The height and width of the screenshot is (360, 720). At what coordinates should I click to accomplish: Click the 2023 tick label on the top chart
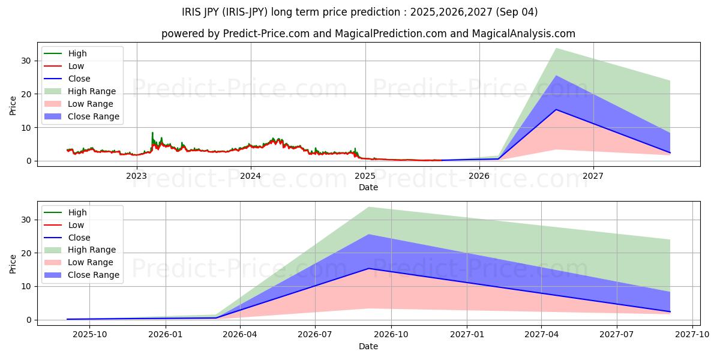click(136, 176)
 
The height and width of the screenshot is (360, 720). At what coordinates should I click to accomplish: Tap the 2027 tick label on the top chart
click(593, 176)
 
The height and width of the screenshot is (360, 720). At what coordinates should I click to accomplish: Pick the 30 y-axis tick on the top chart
click(26, 61)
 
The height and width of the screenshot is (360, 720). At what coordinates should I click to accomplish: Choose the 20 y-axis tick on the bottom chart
click(26, 253)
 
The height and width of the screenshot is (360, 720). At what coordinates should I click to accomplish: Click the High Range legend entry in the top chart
click(92, 91)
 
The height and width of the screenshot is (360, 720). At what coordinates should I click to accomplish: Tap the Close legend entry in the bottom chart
click(79, 238)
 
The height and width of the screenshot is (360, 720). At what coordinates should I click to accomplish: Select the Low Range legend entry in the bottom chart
click(91, 262)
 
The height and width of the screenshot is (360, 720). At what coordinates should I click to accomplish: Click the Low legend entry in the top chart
click(76, 66)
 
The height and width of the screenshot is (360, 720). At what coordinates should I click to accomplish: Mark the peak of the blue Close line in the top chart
click(556, 110)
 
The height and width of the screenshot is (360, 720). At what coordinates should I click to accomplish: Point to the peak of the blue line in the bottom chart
click(368, 268)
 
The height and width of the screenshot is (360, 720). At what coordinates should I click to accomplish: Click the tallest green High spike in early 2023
click(152, 133)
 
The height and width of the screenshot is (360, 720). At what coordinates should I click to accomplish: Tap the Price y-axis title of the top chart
click(13, 106)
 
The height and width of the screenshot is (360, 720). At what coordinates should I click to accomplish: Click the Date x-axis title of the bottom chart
click(368, 346)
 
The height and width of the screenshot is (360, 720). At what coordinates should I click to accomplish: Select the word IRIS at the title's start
click(193, 12)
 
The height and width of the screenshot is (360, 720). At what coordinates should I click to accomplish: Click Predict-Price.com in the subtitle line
click(264, 34)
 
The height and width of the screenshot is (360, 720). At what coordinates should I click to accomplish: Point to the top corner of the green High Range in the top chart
click(556, 49)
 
